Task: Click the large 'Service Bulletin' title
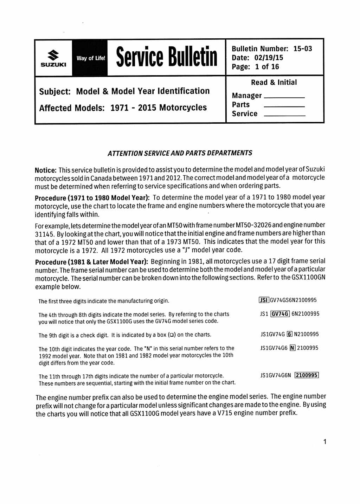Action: (x=167, y=57)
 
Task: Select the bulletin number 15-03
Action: (x=303, y=49)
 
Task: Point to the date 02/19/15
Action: (x=269, y=58)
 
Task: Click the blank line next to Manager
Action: (x=284, y=97)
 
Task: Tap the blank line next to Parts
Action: (x=284, y=106)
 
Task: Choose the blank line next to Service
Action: (x=284, y=115)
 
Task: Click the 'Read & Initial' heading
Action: (x=274, y=83)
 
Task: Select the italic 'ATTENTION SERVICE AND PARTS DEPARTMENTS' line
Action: (x=180, y=153)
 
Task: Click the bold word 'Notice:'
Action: (x=46, y=170)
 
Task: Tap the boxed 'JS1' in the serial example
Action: (x=264, y=300)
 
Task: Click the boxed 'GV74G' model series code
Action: (x=280, y=314)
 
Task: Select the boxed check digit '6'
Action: (x=290, y=334)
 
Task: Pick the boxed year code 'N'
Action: (x=292, y=348)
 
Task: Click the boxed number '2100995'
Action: (x=307, y=375)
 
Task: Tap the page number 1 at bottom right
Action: (x=325, y=442)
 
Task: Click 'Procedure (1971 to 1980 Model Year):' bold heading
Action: (x=92, y=198)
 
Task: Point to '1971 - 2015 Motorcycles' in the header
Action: (x=159, y=108)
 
